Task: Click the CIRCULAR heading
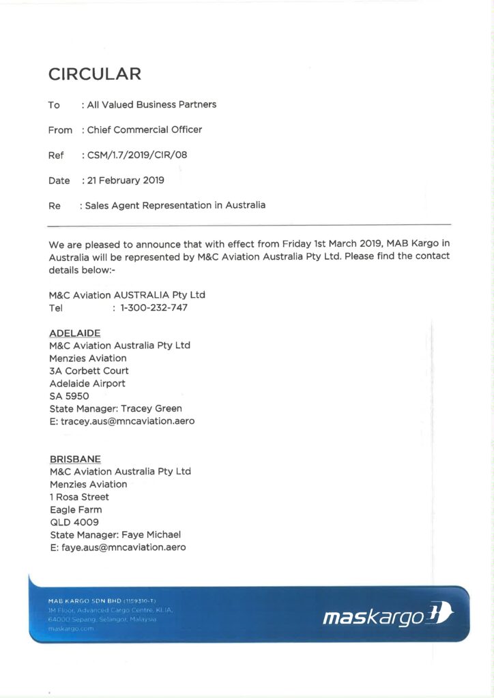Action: coord(95,74)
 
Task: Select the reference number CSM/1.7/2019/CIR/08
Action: coord(137,155)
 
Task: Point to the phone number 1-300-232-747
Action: coord(154,307)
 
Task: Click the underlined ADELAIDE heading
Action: coord(75,333)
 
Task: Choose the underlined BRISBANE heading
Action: coord(75,459)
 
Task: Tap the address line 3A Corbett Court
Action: coord(89,371)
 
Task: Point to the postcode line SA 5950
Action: coord(69,396)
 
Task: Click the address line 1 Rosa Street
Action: coord(79,497)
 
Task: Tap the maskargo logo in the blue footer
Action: coord(386,618)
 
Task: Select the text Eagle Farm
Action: coord(76,509)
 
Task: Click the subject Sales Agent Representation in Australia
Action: coord(175,205)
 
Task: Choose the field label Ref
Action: coord(56,155)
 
